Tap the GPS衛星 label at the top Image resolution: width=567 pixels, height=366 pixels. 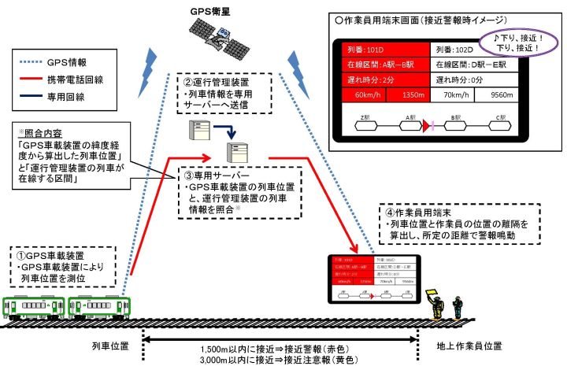click(212, 12)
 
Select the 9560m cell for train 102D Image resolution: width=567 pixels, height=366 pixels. click(501, 96)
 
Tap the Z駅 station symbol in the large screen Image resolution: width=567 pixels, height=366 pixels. click(363, 124)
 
